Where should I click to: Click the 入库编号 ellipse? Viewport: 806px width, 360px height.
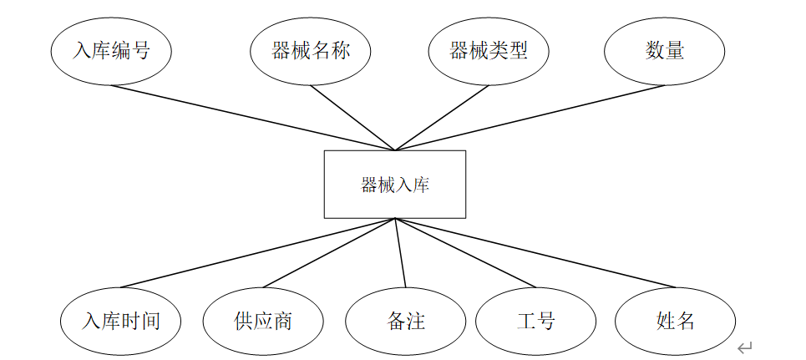click(x=111, y=51)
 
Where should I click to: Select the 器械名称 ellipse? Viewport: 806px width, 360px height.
click(x=310, y=51)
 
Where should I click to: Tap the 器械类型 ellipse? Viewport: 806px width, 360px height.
click(x=489, y=51)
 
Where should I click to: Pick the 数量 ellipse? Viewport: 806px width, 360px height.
click(x=665, y=51)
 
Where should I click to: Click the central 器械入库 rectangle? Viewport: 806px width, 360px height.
click(x=395, y=185)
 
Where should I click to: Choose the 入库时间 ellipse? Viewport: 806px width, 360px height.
click(x=121, y=322)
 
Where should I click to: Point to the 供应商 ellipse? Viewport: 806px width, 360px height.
click(x=263, y=322)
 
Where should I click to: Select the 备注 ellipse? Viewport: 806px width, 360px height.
click(x=406, y=322)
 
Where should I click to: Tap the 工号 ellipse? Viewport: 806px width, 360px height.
click(x=536, y=322)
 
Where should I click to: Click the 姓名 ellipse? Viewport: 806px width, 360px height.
click(x=676, y=322)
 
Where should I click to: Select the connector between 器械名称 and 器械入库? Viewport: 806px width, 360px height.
click(x=352, y=118)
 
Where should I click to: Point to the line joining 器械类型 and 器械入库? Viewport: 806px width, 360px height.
click(x=442, y=118)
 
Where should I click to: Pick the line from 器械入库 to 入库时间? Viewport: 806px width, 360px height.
click(x=259, y=253)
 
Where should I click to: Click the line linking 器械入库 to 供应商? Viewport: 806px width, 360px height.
click(x=330, y=254)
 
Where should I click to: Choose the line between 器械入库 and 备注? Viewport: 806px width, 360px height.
click(x=400, y=253)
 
